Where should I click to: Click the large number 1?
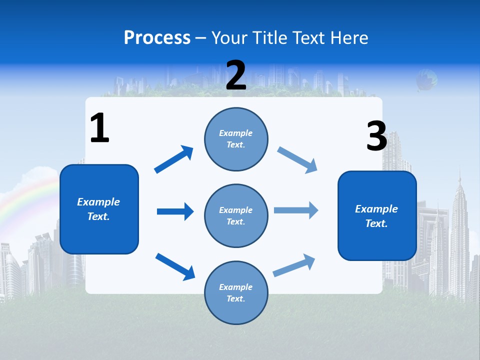(x=99, y=128)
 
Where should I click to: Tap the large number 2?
(x=236, y=75)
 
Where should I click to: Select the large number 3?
(x=376, y=136)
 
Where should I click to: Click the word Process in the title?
(x=157, y=37)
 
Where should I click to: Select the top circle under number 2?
(x=236, y=138)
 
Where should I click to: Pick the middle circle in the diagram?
(x=236, y=215)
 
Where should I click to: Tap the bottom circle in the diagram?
(x=236, y=292)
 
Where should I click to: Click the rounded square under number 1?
(x=99, y=209)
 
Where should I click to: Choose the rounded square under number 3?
(x=377, y=215)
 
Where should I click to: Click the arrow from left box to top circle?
(x=174, y=159)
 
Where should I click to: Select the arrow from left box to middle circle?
(x=175, y=211)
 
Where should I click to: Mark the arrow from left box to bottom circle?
(x=175, y=266)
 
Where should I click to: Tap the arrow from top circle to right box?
(x=297, y=160)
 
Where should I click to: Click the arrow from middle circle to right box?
(x=296, y=210)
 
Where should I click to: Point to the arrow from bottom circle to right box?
(x=294, y=265)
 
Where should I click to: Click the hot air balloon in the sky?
(x=426, y=80)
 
